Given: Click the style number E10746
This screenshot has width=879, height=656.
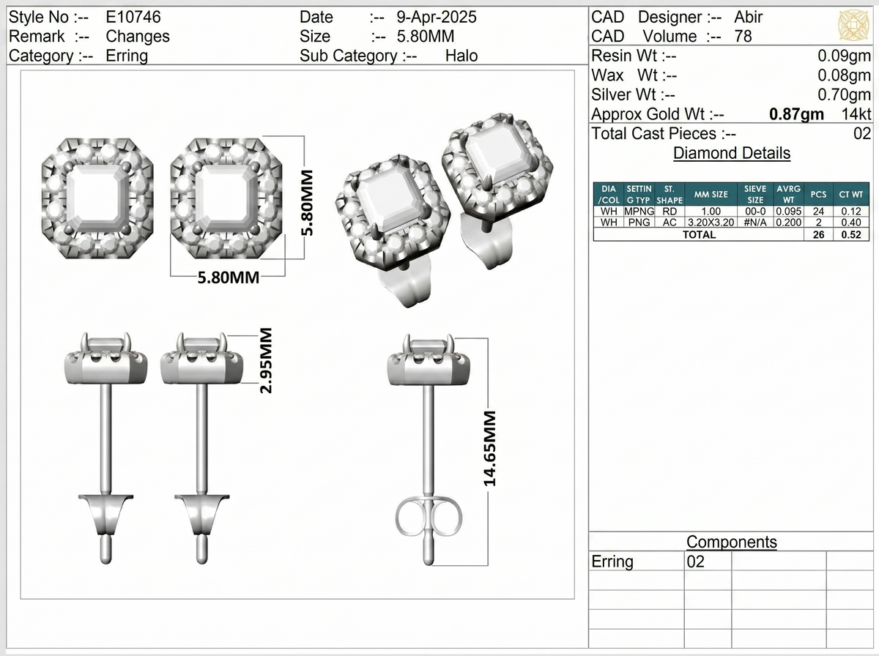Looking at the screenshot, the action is pos(133,18).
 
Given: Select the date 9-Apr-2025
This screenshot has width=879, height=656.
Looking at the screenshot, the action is pos(437,18).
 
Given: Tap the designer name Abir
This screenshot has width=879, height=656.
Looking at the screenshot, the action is pos(749,18).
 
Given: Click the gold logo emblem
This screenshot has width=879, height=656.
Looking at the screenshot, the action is pos(854,25).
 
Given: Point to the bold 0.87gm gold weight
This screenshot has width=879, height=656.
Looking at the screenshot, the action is pos(796,114).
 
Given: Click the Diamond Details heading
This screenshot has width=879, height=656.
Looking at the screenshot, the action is pos(732,153).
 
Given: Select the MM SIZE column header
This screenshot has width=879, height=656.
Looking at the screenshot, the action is pos(711,195).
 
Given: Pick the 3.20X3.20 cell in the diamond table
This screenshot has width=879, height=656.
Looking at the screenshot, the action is pos(711,223).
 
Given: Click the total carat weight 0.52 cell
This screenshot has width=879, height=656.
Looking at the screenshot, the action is pos(851,234).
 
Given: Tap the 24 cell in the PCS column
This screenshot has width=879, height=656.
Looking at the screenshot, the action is pos(818,212).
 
